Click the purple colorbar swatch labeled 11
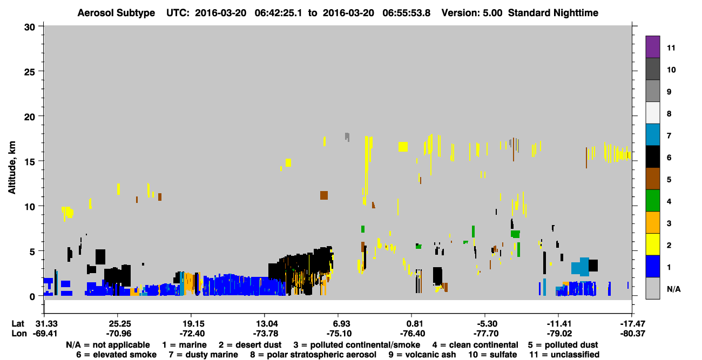[x=652, y=46]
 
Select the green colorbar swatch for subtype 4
[x=652, y=201]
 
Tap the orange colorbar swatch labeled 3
[x=652, y=222]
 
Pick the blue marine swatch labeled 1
[x=652, y=266]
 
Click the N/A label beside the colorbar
[x=673, y=289]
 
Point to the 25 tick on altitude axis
[x=30, y=72]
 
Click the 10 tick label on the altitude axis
[x=30, y=207]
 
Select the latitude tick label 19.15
[x=192, y=323]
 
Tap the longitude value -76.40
[x=412, y=334]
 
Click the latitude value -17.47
[x=632, y=323]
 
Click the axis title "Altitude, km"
[x=11, y=168]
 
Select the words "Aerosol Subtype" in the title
[x=116, y=13]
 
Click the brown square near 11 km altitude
[x=324, y=195]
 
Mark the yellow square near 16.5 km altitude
[x=403, y=147]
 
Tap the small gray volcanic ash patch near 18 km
[x=347, y=137]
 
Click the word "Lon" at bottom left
[x=19, y=334]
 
